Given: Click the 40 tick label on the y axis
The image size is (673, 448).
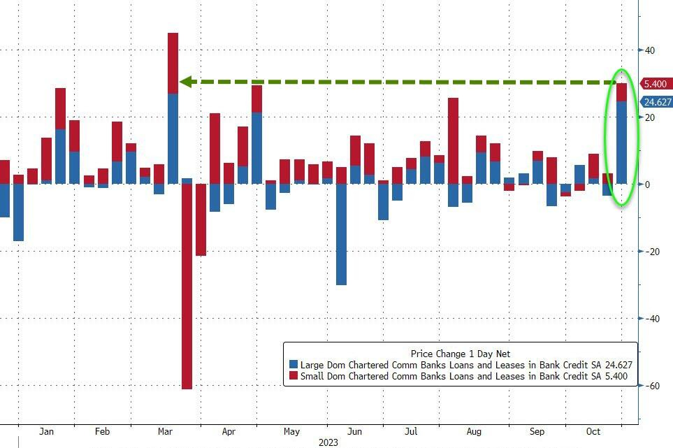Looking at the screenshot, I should (650, 50).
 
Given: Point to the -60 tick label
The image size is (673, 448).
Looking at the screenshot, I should (651, 386).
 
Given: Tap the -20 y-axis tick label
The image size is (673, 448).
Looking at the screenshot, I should (651, 252).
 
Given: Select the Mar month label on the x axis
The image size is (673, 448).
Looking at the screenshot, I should (166, 431).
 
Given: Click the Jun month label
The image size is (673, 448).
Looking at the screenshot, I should (354, 431).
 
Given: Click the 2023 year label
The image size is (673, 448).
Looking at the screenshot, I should (328, 442).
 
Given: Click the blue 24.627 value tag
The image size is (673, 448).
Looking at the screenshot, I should (658, 102).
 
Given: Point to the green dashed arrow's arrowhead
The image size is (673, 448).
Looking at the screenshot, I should (185, 82).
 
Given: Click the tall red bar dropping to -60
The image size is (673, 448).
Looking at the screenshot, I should (187, 287).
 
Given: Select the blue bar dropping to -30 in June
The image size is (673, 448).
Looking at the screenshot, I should (341, 234).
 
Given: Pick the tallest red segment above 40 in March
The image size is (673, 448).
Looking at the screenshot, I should (173, 63).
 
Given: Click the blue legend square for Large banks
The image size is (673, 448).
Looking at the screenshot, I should (294, 365).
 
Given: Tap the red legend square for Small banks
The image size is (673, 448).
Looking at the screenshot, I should (294, 376).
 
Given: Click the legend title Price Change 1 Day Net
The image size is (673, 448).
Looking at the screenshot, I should (460, 354).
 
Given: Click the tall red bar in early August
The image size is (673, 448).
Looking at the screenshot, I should (453, 140).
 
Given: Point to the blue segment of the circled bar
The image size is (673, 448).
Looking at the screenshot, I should (621, 143).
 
